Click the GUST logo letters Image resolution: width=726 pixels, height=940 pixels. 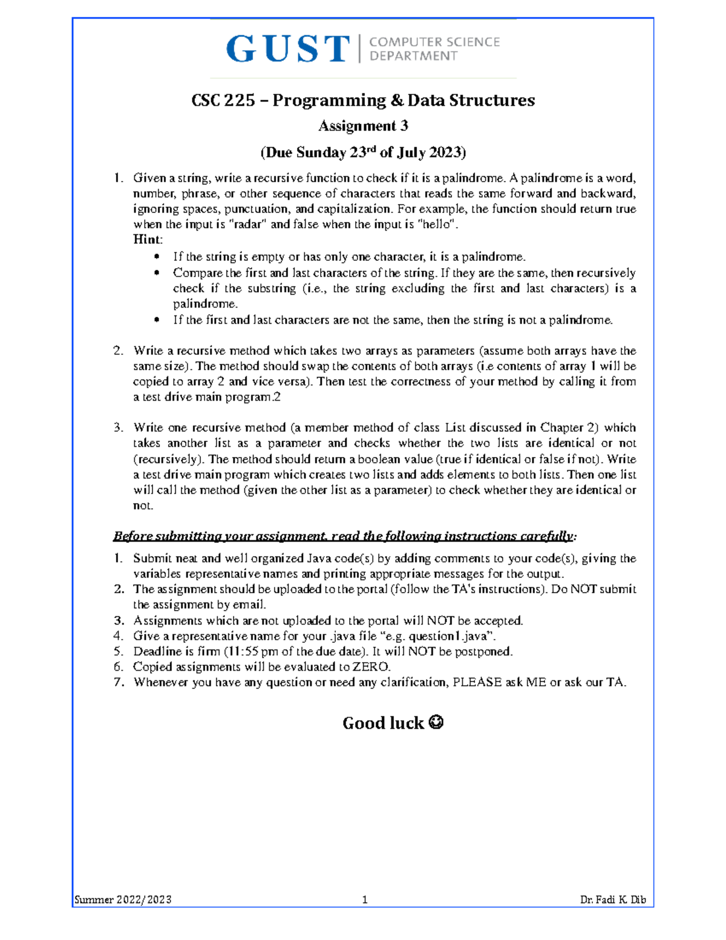(288, 49)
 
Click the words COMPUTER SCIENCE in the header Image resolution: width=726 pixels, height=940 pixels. (434, 42)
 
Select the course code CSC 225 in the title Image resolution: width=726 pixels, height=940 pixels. (223, 100)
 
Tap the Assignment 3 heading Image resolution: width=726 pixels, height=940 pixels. (363, 126)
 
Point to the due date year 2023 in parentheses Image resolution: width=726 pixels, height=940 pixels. (445, 152)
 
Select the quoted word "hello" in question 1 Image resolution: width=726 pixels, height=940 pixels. (435, 224)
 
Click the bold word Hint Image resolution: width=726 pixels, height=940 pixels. (147, 239)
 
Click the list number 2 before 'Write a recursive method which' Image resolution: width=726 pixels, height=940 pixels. (117, 351)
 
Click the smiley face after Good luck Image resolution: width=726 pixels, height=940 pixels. (436, 723)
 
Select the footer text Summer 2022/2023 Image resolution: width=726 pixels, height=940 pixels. (123, 899)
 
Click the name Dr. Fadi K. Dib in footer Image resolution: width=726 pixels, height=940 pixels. (612, 899)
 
